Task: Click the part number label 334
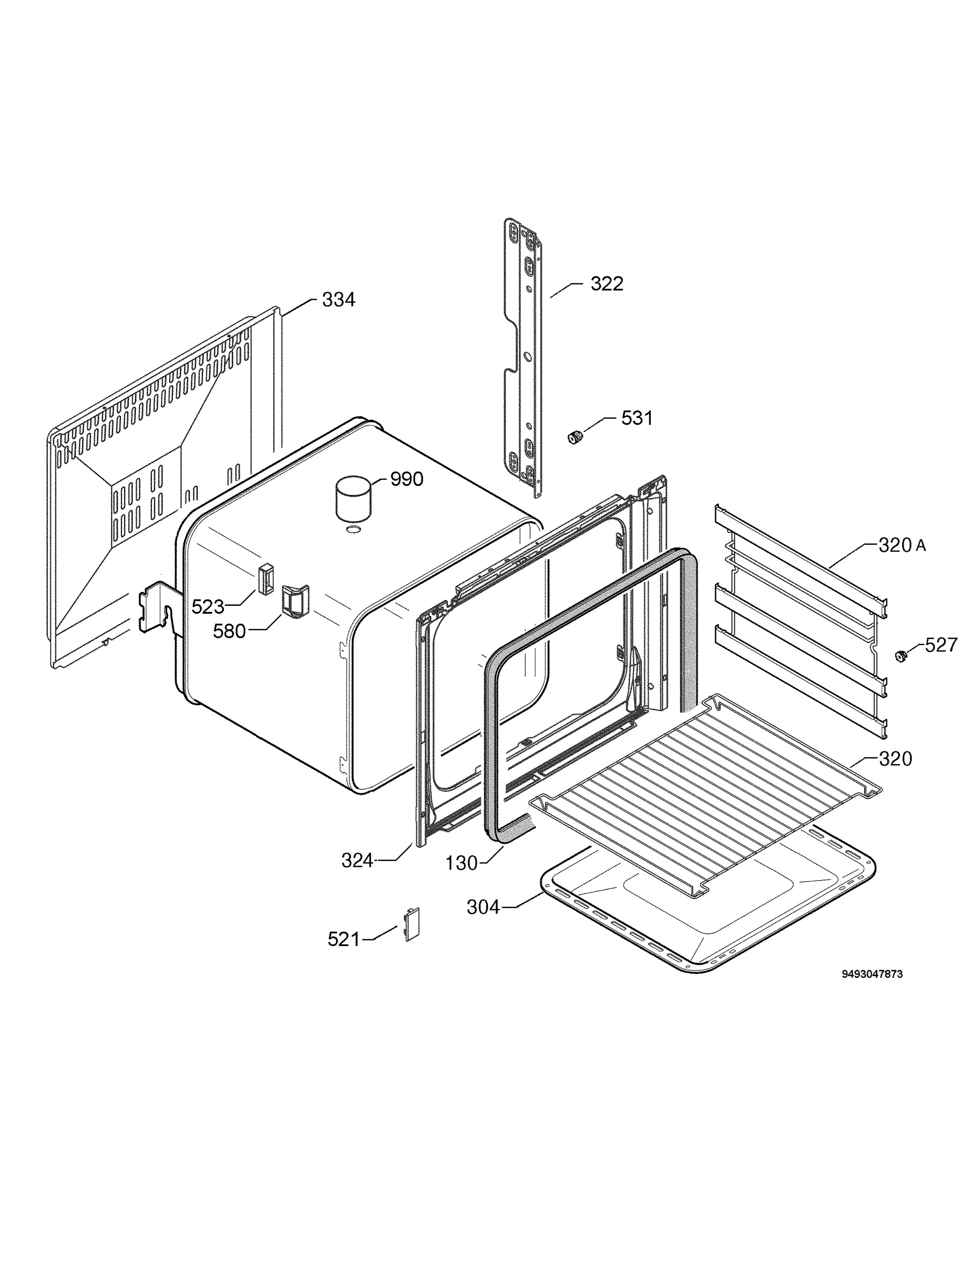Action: [338, 300]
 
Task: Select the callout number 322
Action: [607, 283]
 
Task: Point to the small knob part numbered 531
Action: [576, 436]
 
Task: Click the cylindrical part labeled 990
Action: [353, 499]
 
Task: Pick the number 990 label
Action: [406, 479]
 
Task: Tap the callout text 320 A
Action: [902, 546]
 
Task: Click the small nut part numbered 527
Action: [902, 656]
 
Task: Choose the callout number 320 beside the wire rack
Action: [895, 759]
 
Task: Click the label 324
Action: [357, 861]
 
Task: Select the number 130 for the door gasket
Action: [461, 863]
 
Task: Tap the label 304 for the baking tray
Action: [483, 907]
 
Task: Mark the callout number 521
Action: [344, 939]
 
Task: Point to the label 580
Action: [229, 631]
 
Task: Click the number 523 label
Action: [208, 607]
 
